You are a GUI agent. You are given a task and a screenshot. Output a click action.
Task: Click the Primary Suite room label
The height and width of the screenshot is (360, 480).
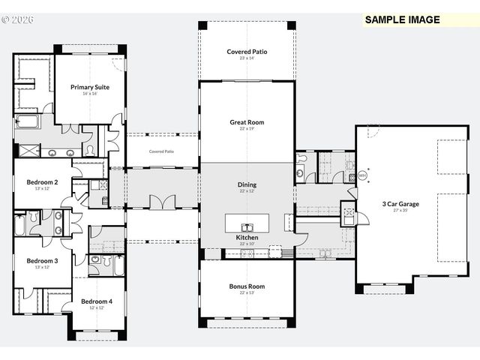90,87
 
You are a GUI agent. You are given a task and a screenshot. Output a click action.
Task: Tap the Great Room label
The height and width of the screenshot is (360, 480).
247,121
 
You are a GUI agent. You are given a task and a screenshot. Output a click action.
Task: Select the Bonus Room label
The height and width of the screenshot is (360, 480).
247,286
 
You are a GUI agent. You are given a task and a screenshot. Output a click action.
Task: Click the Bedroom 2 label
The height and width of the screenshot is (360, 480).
42,181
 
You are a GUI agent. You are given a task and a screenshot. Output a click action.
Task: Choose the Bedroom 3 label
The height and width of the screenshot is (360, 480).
42,260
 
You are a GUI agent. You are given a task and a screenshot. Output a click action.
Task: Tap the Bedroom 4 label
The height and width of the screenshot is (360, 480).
97,301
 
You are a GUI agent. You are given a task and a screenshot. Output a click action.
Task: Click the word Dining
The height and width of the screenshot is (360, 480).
247,184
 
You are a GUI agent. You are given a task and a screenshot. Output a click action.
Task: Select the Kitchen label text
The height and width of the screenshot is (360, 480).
247,237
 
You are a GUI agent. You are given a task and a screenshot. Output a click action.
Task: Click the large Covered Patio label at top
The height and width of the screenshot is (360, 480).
247,52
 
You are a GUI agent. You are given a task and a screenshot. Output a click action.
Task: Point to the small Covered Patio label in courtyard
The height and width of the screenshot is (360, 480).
161,151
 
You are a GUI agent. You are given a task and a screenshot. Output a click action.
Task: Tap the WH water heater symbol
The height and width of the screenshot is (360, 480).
362,175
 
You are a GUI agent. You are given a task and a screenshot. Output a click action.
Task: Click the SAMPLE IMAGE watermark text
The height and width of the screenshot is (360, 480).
403,19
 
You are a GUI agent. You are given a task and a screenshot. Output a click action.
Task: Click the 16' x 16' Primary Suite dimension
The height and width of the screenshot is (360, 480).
90,94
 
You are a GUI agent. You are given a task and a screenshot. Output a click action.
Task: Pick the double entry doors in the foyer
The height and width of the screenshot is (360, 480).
161,203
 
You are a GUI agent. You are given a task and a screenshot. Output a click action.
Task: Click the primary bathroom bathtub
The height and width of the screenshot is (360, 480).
27,122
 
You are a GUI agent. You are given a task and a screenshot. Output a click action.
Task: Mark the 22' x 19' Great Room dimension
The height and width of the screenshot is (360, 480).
247,128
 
